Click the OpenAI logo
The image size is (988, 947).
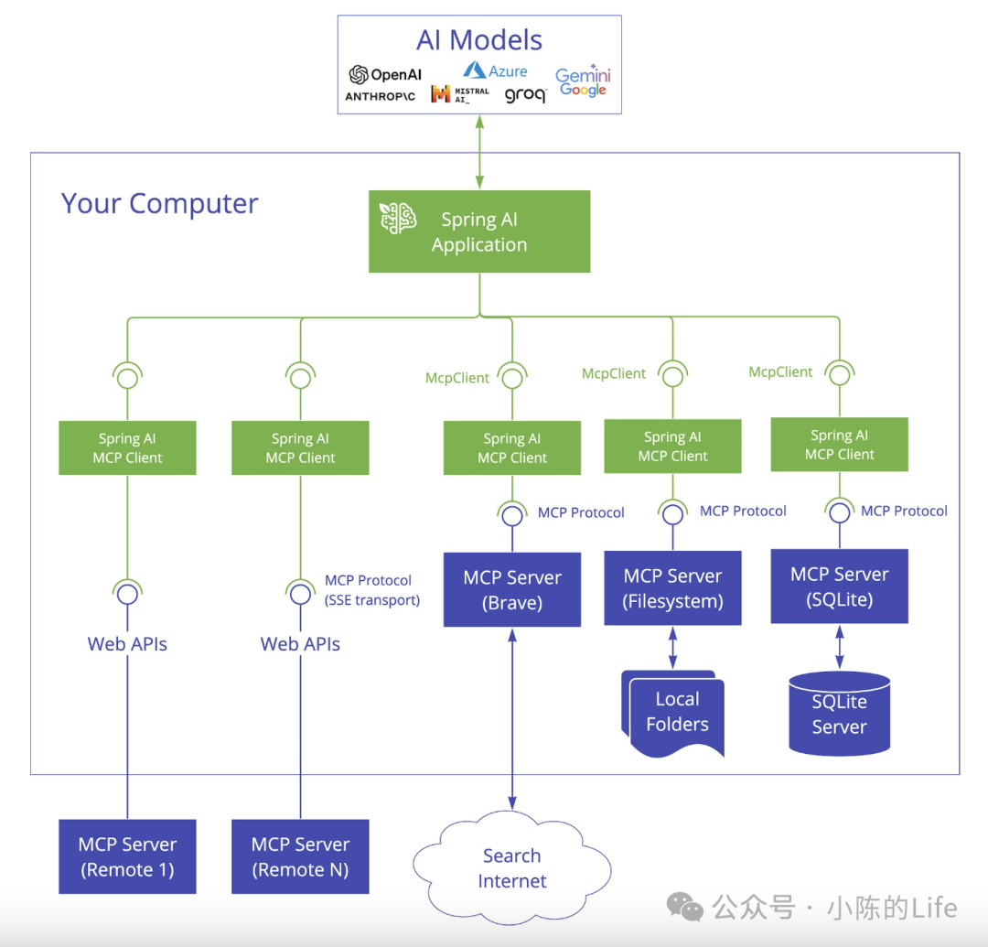coord(385,74)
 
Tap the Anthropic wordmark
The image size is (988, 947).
coord(380,96)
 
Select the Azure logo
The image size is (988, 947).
coord(495,70)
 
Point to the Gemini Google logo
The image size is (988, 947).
coord(583,81)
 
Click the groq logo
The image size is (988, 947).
coord(525,95)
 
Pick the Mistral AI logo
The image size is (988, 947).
coord(460,94)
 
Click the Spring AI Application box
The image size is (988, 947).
coord(479,231)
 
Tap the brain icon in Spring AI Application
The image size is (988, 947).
coord(398,218)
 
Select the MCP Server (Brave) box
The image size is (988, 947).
coord(512,590)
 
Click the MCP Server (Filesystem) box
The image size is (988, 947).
coord(672,587)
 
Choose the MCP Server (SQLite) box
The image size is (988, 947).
coord(839,586)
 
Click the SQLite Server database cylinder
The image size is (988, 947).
coord(839,714)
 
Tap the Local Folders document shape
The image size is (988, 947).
coord(673,714)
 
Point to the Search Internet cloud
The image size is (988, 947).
coord(511,868)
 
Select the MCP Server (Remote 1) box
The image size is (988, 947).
coord(127,856)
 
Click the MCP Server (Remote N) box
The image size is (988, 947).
coord(300,856)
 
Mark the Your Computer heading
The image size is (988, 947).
coord(159,204)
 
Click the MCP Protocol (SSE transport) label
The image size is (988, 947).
coord(371,590)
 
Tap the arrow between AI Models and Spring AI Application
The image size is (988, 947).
coord(479,152)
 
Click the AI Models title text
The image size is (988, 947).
coord(478,40)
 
